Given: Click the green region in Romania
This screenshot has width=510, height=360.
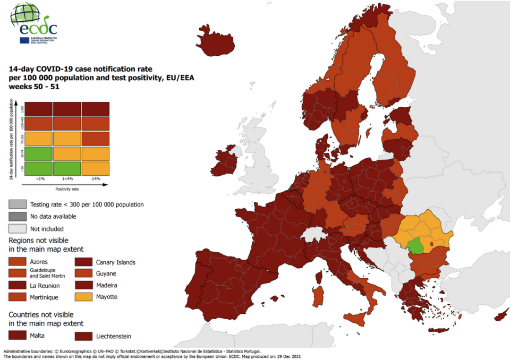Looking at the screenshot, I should point(416,246).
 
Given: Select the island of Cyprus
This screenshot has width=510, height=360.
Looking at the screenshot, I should point(500,314).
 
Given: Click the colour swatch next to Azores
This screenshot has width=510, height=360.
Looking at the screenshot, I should point(17,262).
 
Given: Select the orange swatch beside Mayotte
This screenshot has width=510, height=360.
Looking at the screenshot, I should point(83,297).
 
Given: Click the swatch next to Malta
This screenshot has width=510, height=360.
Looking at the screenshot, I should point(17,335).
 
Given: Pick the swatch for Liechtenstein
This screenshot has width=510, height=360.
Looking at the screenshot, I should point(83,336).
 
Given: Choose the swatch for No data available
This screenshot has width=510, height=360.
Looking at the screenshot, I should point(17,217).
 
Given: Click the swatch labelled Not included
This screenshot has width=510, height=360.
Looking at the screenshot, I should point(17,229).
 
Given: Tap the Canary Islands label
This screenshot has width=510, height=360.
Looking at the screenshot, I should point(115,262).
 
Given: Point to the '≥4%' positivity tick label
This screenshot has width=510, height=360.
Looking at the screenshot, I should point(96,178).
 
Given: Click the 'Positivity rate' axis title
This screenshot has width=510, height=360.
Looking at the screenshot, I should point(67,188).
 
